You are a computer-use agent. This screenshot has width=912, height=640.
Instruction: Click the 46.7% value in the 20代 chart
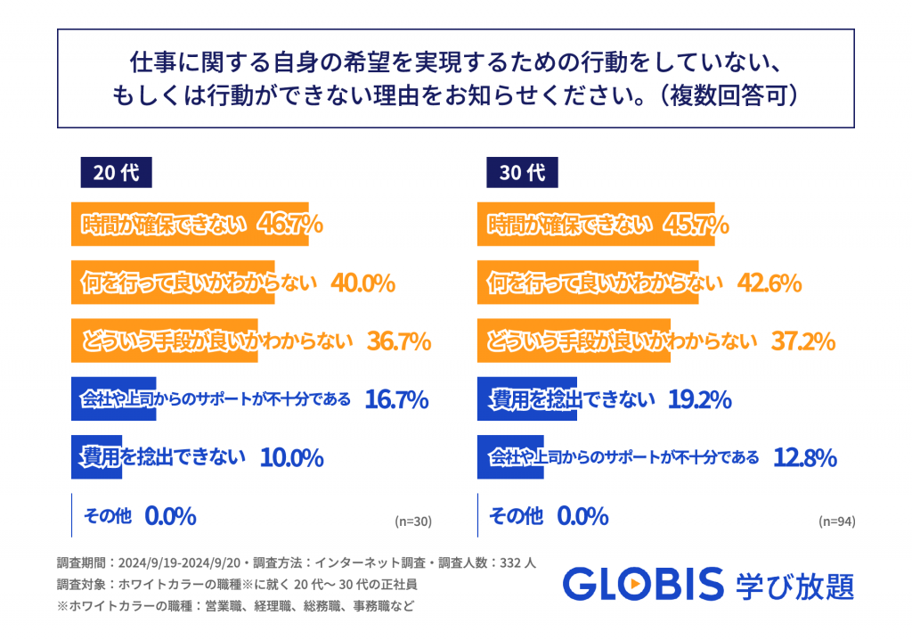pyautogui.click(x=289, y=226)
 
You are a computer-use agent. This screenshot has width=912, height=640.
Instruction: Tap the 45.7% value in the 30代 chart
pyautogui.click(x=696, y=226)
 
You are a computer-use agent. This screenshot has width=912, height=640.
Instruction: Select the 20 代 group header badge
pyautogui.click(x=116, y=172)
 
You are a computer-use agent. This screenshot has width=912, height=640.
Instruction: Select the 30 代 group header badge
pyautogui.click(x=522, y=172)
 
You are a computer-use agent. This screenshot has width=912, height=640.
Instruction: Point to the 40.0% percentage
pyautogui.click(x=362, y=283)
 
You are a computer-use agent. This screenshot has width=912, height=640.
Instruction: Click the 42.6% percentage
pyautogui.click(x=769, y=283)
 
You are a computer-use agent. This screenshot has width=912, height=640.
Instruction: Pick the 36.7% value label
pyautogui.click(x=399, y=341)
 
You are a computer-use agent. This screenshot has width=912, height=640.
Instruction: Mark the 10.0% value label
pyautogui.click(x=291, y=458)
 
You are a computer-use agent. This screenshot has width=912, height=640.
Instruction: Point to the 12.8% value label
pyautogui.click(x=804, y=458)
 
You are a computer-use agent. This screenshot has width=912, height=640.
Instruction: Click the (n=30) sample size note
pyautogui.click(x=412, y=521)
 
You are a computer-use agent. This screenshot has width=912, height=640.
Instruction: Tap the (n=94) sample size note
pyautogui.click(x=837, y=521)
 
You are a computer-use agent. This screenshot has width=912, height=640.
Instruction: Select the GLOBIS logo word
pyautogui.click(x=643, y=585)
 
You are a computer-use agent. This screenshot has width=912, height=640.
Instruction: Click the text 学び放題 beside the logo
pyautogui.click(x=795, y=586)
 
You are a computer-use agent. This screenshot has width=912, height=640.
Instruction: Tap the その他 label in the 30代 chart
pyautogui.click(x=516, y=515)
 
